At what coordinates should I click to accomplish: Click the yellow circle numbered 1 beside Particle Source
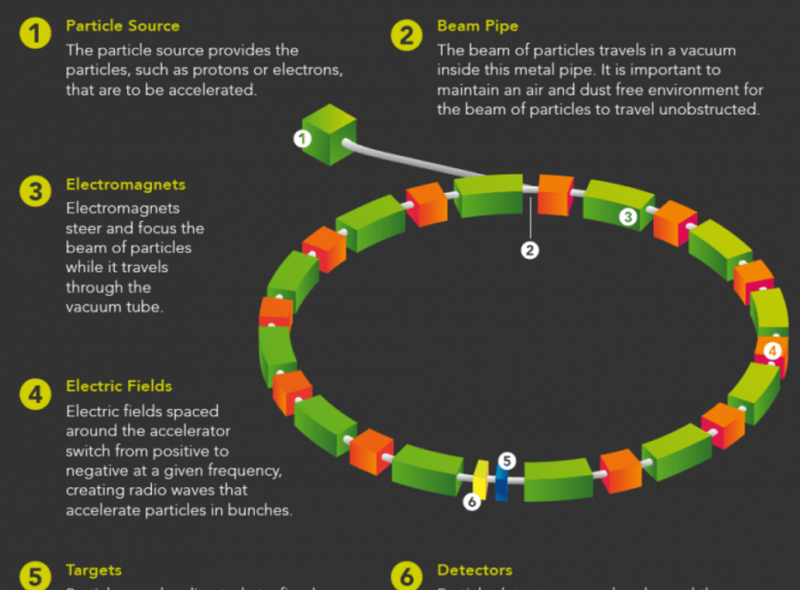click(x=35, y=34)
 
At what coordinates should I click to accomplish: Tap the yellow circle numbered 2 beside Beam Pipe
click(x=407, y=35)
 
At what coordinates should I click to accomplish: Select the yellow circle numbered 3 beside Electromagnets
click(x=35, y=192)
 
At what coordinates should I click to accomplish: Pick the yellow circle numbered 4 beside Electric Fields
click(x=35, y=394)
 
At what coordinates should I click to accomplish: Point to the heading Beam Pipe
click(x=477, y=27)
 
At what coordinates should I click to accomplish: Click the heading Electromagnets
click(x=125, y=184)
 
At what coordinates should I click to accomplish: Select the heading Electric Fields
click(x=118, y=387)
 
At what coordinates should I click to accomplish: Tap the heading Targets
click(x=94, y=570)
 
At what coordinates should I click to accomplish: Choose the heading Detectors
click(x=474, y=570)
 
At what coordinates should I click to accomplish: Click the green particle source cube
click(x=330, y=133)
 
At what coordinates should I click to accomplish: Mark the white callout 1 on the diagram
click(x=302, y=138)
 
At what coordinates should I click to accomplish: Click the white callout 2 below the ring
click(x=530, y=250)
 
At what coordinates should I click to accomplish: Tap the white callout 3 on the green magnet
click(x=627, y=217)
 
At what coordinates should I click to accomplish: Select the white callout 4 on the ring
click(x=772, y=350)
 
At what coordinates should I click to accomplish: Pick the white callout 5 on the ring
click(x=507, y=461)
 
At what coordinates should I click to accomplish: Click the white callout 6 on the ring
click(x=471, y=502)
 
